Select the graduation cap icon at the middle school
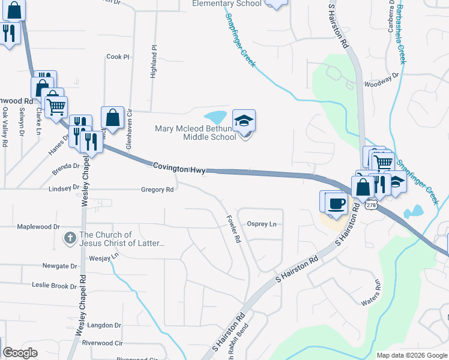pos(244,121)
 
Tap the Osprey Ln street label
pos(262,224)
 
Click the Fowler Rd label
pos(234,229)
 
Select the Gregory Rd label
pos(157,190)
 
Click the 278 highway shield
pos(371,205)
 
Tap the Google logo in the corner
pos(20,353)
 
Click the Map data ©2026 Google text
pos(411,355)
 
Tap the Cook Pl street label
pos(118,57)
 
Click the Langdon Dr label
pos(104,325)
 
